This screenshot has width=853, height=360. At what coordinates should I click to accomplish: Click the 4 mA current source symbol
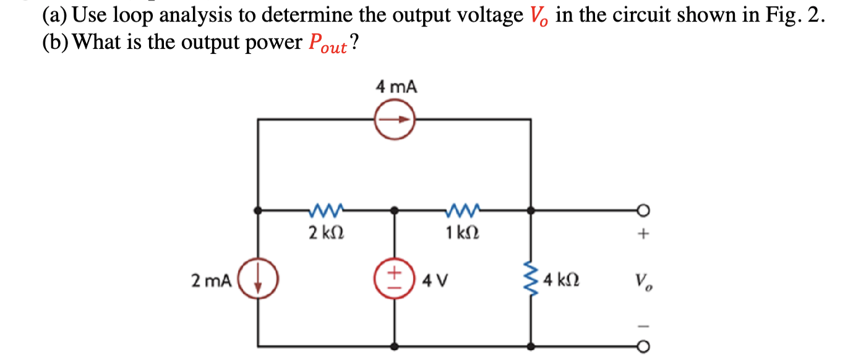pos(395,120)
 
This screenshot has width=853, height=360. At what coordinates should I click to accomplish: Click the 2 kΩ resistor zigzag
pos(326,212)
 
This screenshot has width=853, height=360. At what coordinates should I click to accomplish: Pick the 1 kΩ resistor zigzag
pos(462,212)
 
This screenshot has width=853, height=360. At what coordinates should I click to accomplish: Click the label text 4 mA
pos(396,87)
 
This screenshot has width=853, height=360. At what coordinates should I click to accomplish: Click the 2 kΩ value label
pos(326,234)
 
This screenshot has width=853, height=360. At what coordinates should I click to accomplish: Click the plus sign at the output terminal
pos(645,234)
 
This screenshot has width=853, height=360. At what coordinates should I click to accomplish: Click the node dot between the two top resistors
pos(395,212)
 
